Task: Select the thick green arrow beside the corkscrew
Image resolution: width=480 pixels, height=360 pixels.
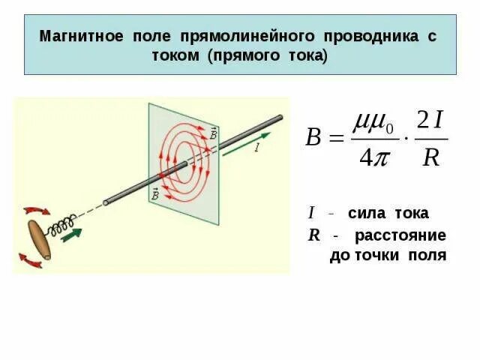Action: (x=72, y=235)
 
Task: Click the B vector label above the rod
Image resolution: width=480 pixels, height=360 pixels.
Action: (x=214, y=133)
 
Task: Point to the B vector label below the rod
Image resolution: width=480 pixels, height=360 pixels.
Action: (x=154, y=195)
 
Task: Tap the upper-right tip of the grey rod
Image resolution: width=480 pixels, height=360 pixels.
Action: (x=279, y=118)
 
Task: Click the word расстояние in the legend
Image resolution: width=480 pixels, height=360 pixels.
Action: (x=400, y=235)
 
